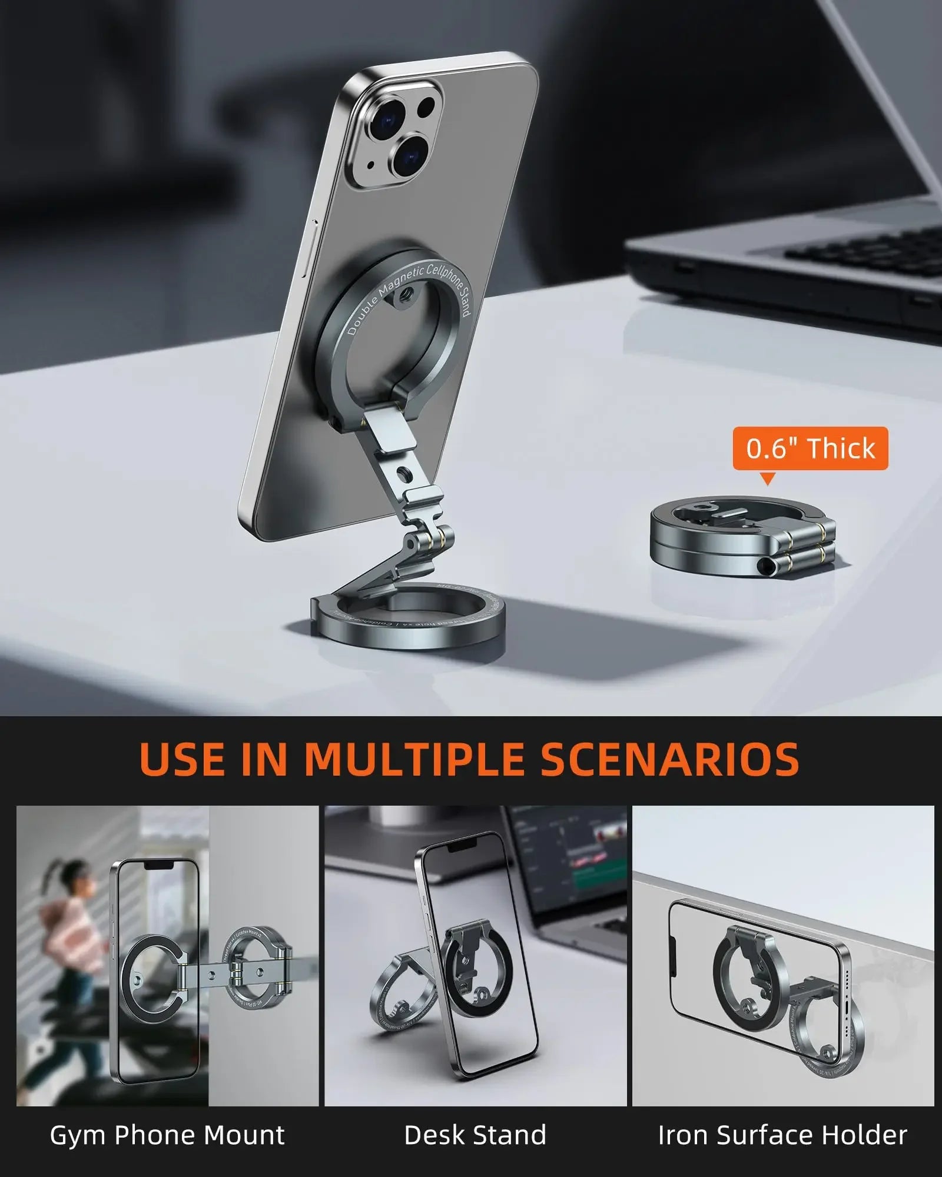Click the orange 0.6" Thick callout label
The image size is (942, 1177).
[x=810, y=448]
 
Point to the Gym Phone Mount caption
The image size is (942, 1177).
[x=167, y=1135]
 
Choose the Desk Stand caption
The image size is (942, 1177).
[x=475, y=1135]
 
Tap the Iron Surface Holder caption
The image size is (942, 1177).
[x=782, y=1135]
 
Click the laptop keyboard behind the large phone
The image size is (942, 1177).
[x=865, y=253]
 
